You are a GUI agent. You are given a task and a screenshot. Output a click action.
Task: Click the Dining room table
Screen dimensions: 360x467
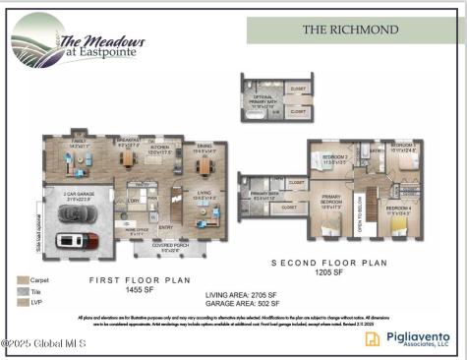point(204,158)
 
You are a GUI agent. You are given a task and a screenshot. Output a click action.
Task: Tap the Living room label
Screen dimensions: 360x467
point(203,194)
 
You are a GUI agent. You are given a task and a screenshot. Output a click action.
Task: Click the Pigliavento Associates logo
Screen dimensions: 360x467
point(412,338)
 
